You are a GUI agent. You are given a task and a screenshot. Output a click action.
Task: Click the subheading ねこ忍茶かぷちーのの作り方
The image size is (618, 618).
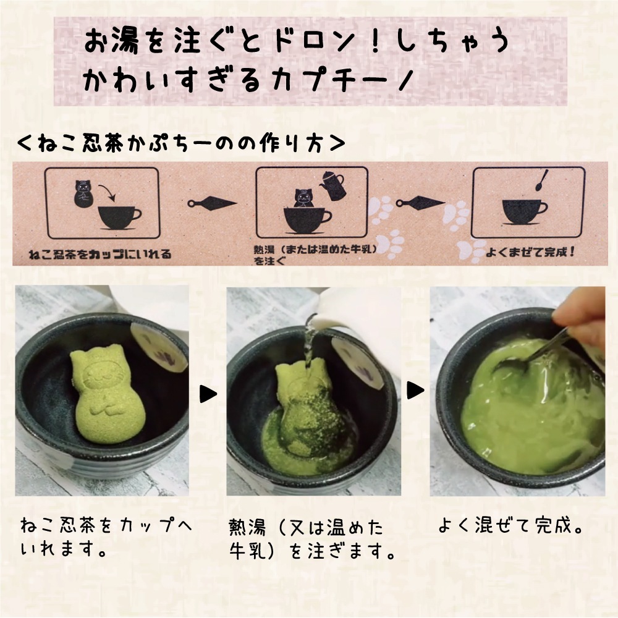[181, 144]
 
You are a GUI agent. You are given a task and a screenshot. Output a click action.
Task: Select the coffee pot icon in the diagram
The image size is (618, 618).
[333, 185]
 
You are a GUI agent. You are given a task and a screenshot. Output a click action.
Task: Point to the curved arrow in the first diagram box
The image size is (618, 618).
[107, 192]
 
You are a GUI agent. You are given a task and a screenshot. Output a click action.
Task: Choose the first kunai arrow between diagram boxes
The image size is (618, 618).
[211, 203]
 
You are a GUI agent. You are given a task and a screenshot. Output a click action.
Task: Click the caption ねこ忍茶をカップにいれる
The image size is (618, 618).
[100, 254]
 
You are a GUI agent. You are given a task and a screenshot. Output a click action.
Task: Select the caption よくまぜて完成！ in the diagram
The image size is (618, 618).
[530, 252]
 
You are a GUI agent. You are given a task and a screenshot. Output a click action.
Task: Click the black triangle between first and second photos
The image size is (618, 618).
[208, 394]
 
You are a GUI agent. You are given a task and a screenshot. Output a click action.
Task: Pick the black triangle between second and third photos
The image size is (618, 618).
[416, 390]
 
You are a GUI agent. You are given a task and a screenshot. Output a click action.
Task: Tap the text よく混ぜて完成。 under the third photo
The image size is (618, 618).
[510, 525]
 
